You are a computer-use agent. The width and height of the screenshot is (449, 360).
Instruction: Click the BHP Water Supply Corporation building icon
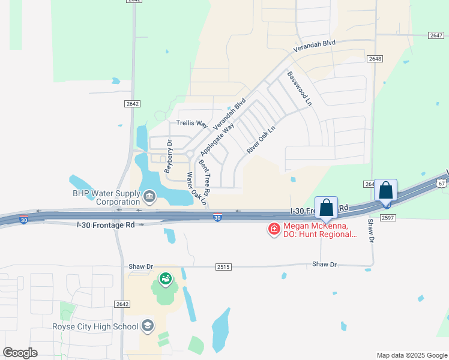click(x=149, y=195)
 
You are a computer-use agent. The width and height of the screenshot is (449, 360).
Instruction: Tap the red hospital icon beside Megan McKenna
click(x=274, y=229)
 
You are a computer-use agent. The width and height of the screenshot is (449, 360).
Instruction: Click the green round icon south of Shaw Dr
click(x=165, y=279)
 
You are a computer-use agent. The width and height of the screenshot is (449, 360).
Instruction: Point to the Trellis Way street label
click(x=191, y=124)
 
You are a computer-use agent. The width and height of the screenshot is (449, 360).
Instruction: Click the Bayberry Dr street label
click(x=169, y=155)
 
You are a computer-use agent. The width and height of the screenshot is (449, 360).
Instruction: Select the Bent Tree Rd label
click(x=204, y=178)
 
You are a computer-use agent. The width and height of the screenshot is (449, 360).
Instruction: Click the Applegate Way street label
click(x=217, y=137)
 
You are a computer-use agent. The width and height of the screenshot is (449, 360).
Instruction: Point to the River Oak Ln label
click(x=260, y=138)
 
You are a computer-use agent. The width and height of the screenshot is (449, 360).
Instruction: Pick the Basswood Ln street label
click(x=300, y=89)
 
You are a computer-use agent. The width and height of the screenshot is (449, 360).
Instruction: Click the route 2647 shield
click(x=436, y=35)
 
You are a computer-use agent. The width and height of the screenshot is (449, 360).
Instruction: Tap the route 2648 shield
click(x=375, y=59)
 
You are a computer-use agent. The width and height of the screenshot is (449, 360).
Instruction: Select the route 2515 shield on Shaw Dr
click(x=223, y=266)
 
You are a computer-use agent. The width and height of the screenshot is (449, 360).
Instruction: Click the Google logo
click(x=20, y=352)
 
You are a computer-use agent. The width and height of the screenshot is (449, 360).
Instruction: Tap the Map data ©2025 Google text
click(x=412, y=355)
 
